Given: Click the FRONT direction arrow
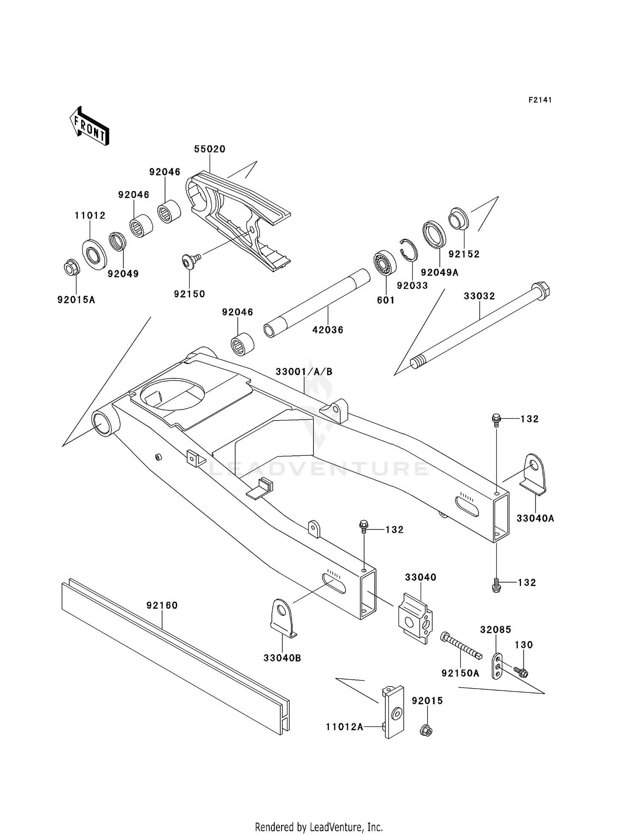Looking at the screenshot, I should (x=89, y=127).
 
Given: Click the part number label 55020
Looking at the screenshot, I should (x=210, y=149).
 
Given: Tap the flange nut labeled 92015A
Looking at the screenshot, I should (x=70, y=268).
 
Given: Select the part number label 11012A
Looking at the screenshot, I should (x=345, y=727).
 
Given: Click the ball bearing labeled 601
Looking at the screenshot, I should (x=385, y=264).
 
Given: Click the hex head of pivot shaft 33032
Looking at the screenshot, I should (x=540, y=290).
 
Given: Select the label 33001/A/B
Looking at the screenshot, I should (x=304, y=372).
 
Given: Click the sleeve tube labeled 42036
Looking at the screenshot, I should (x=317, y=303).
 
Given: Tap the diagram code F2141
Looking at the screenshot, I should (x=540, y=100).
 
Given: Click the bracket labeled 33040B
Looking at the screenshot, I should (x=282, y=618).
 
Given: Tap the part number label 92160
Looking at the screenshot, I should (x=162, y=605).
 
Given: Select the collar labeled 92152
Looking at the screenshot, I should (x=459, y=218).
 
